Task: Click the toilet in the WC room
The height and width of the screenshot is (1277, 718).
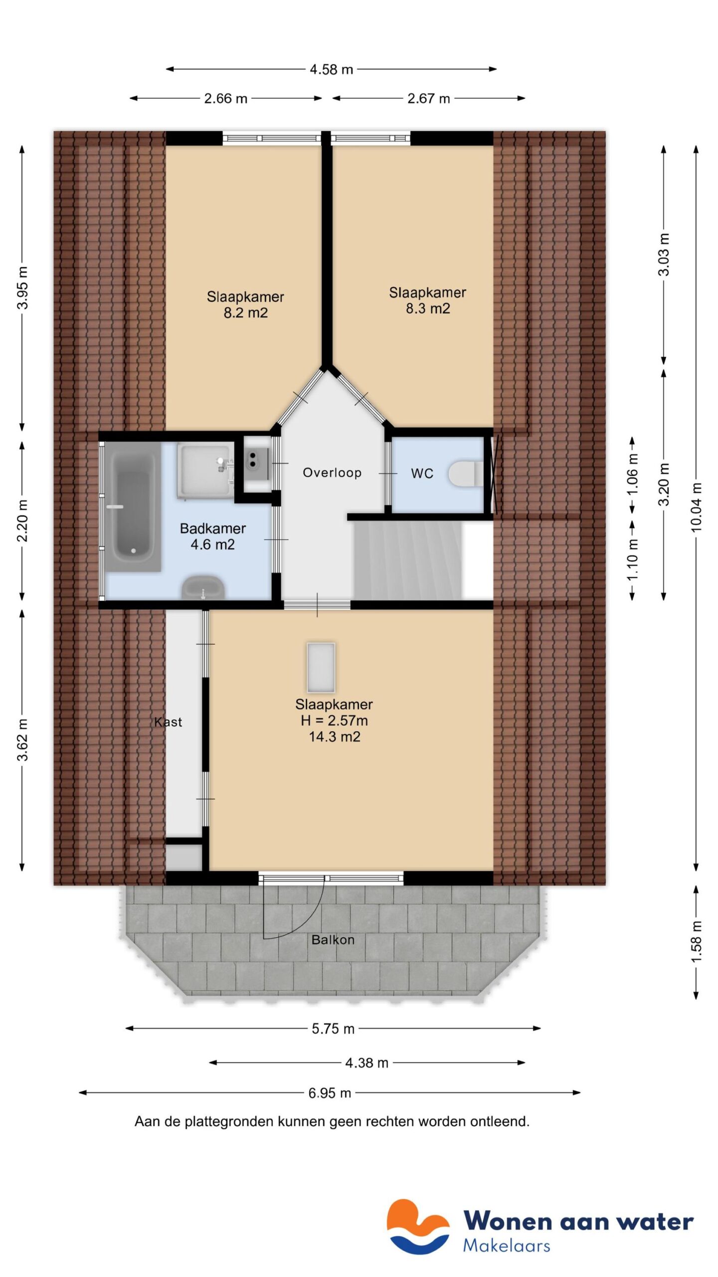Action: tap(465, 473)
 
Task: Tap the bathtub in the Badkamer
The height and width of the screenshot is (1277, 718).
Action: tap(133, 506)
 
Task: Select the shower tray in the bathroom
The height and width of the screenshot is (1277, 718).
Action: tap(204, 471)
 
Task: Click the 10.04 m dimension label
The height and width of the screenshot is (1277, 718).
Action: tap(696, 507)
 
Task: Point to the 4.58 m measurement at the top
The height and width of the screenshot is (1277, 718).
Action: tap(331, 69)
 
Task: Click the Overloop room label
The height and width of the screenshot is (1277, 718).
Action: tap(332, 472)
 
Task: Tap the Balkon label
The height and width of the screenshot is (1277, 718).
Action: tap(333, 940)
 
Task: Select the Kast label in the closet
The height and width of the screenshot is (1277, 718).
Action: tap(168, 722)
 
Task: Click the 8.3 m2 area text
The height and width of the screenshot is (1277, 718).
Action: tap(427, 309)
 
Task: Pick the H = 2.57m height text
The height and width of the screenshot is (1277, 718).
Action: tap(334, 720)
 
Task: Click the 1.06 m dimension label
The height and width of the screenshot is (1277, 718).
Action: tap(632, 474)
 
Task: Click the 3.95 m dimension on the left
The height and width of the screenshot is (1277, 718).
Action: tap(22, 288)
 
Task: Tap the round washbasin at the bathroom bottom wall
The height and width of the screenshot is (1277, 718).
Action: tap(203, 588)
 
